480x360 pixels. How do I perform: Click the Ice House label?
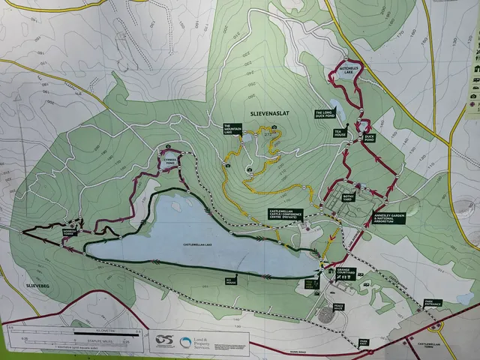pyautogui.click(x=231, y=280)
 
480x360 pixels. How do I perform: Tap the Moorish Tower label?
pyautogui.click(x=71, y=232)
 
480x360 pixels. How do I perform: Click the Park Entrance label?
pyautogui.click(x=432, y=302)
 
